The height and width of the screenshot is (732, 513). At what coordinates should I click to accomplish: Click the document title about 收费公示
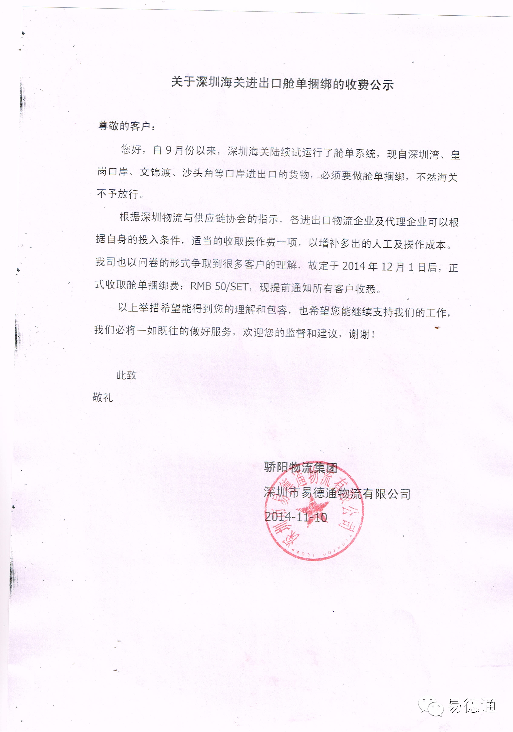(282, 83)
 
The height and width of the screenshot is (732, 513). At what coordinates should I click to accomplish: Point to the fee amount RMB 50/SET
(219, 286)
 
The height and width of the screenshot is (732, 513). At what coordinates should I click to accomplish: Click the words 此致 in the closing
(126, 375)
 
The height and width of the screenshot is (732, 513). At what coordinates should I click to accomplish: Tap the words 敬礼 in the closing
(103, 397)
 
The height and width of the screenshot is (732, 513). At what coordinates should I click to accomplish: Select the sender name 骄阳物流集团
(300, 467)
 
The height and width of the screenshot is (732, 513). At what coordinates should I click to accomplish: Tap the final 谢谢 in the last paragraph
(359, 334)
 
